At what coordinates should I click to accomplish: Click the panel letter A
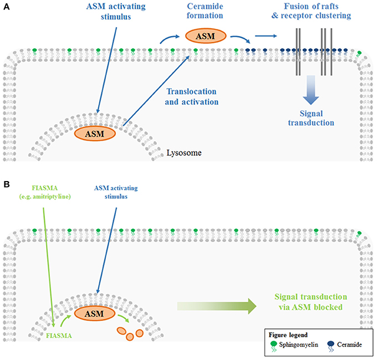coord(7,7)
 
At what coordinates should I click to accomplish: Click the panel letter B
coord(7,184)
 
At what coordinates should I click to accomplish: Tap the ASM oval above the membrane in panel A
coord(206,36)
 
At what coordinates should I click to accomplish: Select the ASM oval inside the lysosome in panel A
coord(95,134)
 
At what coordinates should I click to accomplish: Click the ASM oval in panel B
coord(95,313)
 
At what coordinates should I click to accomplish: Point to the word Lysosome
coord(184,153)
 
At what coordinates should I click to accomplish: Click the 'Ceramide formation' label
coord(205,11)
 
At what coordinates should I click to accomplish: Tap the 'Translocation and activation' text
coord(192,96)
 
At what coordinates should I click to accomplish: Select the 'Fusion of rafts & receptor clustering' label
coord(311,11)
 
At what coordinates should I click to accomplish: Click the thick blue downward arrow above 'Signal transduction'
coord(311,90)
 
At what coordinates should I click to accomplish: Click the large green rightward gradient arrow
coord(217,306)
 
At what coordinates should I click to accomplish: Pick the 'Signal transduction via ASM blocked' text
coord(310,302)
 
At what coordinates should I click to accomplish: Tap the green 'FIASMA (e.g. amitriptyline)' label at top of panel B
coord(45,192)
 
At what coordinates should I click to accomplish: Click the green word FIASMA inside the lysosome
coord(59,336)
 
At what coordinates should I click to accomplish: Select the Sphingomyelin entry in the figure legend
coord(294,346)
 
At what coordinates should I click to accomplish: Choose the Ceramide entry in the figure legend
coord(344,346)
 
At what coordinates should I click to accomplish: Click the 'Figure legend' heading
coord(288,335)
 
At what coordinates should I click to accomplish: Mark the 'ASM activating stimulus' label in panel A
coord(116,11)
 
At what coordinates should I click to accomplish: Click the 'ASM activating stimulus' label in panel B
coord(116,192)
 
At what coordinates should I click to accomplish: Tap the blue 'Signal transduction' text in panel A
coord(311,118)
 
